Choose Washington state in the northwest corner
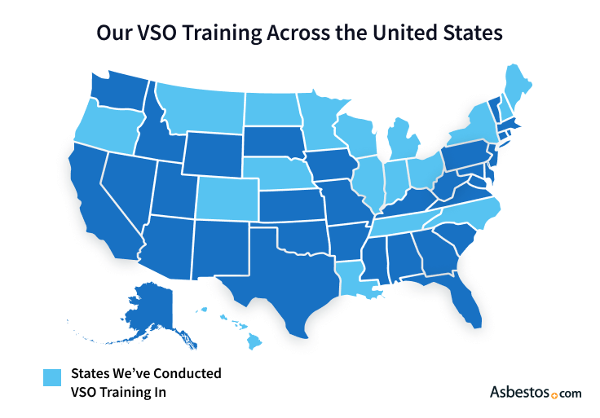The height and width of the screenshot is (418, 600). click(x=118, y=93)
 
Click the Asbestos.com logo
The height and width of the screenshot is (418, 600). click(x=535, y=392)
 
